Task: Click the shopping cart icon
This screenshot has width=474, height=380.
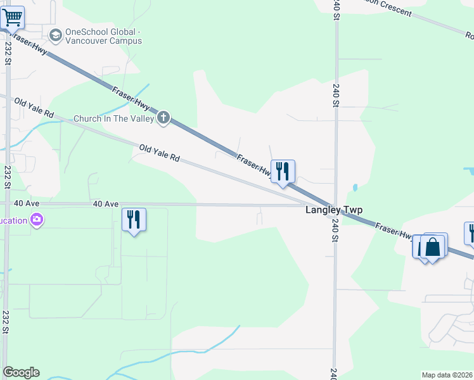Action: click(12, 18)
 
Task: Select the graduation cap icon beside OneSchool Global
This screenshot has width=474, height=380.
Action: click(55, 35)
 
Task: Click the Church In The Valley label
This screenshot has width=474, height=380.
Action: click(114, 118)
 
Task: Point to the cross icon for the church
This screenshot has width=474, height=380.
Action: click(163, 117)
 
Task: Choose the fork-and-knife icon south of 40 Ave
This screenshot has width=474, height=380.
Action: click(134, 220)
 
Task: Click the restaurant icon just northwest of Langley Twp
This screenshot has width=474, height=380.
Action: click(283, 171)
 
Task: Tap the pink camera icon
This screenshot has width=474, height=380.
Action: click(37, 220)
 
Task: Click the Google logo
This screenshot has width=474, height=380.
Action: click(21, 372)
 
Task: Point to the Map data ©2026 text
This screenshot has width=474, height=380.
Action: click(447, 375)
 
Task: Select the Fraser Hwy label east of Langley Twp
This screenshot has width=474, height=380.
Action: click(394, 232)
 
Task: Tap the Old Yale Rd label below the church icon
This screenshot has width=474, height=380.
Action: click(160, 153)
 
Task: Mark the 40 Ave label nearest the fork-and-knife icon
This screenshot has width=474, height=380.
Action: click(106, 204)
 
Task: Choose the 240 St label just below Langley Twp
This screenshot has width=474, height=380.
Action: click(334, 230)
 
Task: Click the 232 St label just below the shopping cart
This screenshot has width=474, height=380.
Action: click(7, 53)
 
